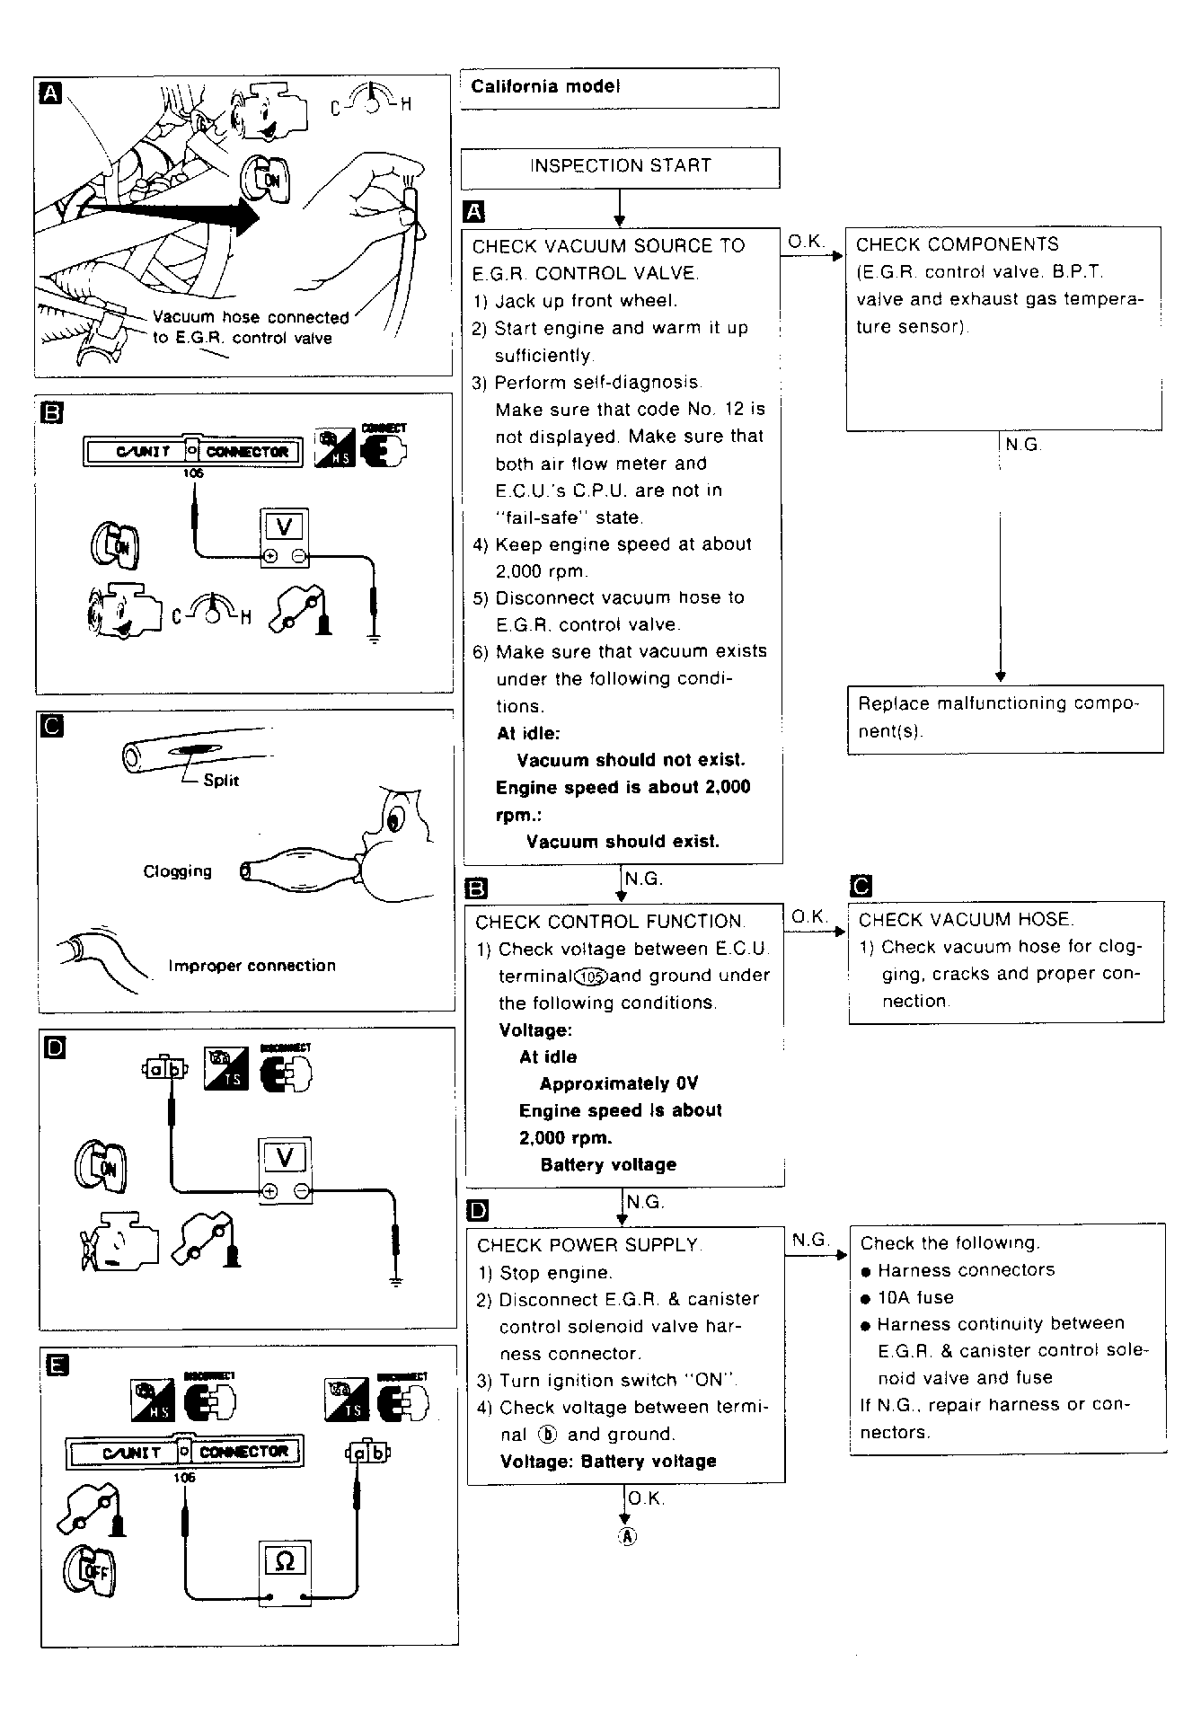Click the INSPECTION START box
point(620,166)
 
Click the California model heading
point(545,87)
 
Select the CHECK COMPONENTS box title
point(957,244)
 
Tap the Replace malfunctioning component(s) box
point(1004,717)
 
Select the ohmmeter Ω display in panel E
point(284,1561)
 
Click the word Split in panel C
point(221,781)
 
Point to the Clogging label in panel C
point(178,871)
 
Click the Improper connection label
point(252,967)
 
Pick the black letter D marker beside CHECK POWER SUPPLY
point(478,1211)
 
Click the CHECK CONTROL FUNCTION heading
point(609,922)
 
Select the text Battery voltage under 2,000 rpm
point(608,1165)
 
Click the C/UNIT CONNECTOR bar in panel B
point(191,451)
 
